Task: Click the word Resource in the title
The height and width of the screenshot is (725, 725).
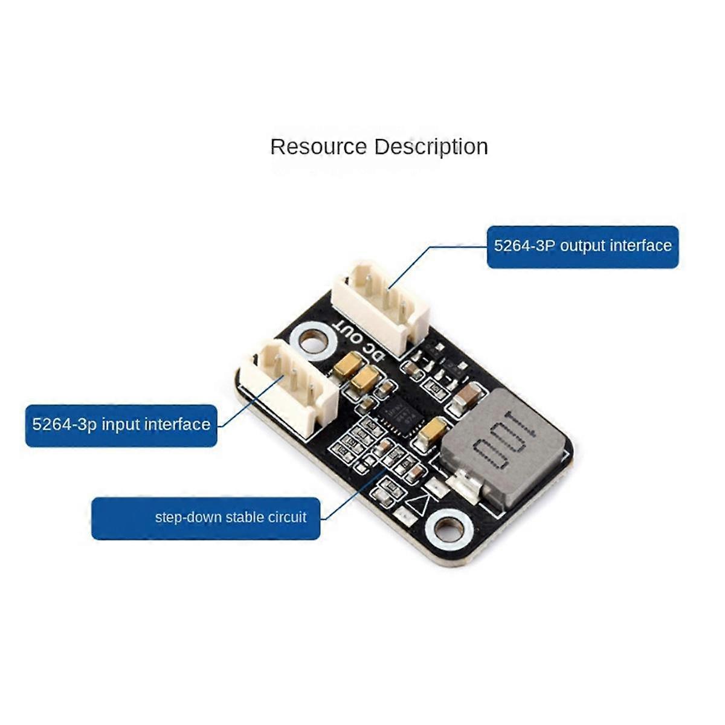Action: (x=318, y=147)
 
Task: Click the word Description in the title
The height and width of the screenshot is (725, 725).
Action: (x=430, y=147)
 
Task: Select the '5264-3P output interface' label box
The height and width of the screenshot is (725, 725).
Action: (x=582, y=246)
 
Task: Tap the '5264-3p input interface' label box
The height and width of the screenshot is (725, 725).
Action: (x=121, y=425)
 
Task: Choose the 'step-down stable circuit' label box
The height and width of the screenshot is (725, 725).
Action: (x=205, y=518)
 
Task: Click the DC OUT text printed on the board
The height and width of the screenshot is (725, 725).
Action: (x=359, y=341)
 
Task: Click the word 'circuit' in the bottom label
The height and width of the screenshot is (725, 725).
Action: (x=289, y=518)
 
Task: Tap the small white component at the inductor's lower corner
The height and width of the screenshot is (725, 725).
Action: (x=466, y=484)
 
